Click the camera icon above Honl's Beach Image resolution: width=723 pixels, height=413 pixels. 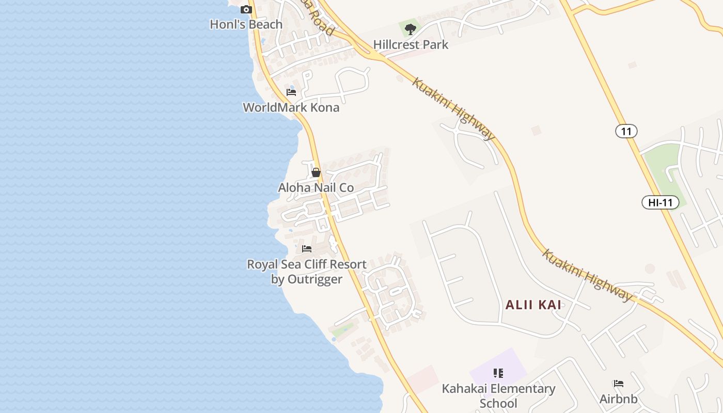point(246,9)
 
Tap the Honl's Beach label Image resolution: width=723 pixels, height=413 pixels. point(246,24)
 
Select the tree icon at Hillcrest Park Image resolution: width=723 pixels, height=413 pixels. point(411,29)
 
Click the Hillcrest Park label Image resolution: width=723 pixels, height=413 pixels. point(411,44)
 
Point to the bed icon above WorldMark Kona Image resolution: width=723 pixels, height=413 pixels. point(291,92)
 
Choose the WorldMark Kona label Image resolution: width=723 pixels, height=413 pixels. point(291,107)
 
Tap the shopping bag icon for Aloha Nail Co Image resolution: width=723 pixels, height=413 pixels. point(316,172)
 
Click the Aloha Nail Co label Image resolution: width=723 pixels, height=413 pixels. point(316,187)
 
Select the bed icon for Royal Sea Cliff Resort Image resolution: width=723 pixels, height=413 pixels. point(307,249)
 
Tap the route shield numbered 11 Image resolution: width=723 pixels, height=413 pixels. point(626,131)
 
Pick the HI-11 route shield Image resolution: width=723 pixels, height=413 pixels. point(661,202)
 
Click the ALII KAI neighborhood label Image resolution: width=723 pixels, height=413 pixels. point(533,305)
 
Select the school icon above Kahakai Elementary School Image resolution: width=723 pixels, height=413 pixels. point(498,373)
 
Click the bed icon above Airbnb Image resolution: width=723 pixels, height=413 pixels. point(619,384)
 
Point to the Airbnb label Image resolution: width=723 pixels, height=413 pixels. point(619,399)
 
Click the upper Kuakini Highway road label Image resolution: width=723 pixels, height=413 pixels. point(453,109)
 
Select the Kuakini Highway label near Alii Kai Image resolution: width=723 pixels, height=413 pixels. point(587,275)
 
